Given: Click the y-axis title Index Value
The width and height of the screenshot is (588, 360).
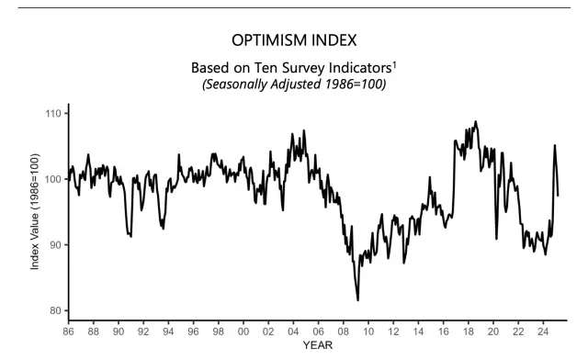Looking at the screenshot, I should tap(35, 212).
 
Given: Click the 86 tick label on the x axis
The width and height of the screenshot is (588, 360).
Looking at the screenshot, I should tap(68, 331).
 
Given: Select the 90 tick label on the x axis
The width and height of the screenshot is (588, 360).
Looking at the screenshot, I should tap(118, 331).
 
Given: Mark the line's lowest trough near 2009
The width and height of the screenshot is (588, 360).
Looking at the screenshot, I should tap(357, 299).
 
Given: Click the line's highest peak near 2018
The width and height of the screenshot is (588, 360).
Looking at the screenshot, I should tap(475, 121).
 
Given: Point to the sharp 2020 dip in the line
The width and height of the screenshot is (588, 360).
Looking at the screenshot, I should tap(497, 239).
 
